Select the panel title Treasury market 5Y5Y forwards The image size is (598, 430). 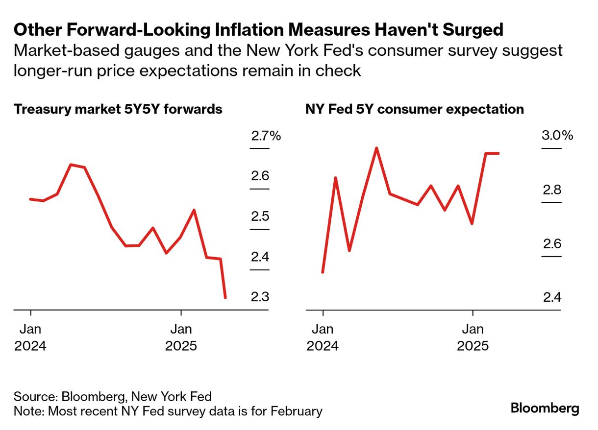(x=118, y=109)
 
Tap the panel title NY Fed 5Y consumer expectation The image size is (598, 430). (x=415, y=109)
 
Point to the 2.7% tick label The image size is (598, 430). (x=266, y=136)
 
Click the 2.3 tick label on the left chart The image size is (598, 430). (x=260, y=297)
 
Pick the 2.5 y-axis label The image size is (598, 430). (x=260, y=216)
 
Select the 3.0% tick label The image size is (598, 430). (x=557, y=136)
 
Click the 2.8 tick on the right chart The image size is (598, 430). (x=551, y=190)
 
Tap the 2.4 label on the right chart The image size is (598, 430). (x=551, y=297)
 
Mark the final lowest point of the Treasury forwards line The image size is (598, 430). (x=225, y=297)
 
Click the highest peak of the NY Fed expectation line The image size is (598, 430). (x=376, y=148)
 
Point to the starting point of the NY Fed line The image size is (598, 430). (x=323, y=272)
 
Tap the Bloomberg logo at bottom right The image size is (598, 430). (x=545, y=408)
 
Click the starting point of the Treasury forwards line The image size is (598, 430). (x=30, y=199)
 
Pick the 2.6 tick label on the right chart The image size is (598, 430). (x=551, y=244)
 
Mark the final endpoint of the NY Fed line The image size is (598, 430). (x=498, y=153)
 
